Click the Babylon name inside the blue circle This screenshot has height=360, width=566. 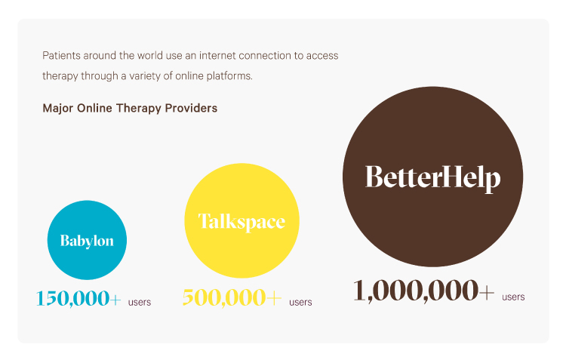click(x=87, y=241)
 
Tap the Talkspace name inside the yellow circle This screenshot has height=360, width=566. click(x=241, y=221)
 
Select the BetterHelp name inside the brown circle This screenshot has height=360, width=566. click(x=432, y=177)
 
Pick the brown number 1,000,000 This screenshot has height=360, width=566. click(x=415, y=291)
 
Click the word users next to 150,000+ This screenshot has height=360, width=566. click(x=140, y=303)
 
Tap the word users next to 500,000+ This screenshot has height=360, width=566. click(x=300, y=303)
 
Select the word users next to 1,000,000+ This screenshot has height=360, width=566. click(x=513, y=297)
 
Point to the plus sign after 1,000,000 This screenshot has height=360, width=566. click(x=487, y=292)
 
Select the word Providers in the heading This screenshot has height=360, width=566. click(x=194, y=108)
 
